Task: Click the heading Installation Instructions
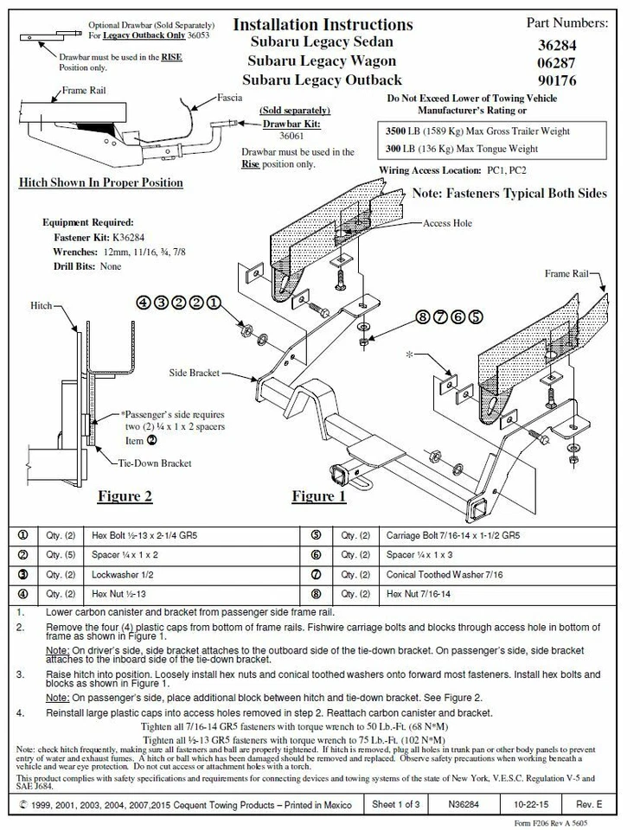pyautogui.click(x=323, y=24)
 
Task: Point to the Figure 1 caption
pyautogui.click(x=318, y=496)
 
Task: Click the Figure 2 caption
pyautogui.click(x=125, y=496)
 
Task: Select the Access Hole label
pyautogui.click(x=447, y=223)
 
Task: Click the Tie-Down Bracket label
pyautogui.click(x=155, y=463)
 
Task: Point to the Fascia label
pyautogui.click(x=229, y=98)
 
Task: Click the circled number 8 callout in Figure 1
pyautogui.click(x=423, y=316)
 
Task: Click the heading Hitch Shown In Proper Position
pyautogui.click(x=101, y=182)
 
